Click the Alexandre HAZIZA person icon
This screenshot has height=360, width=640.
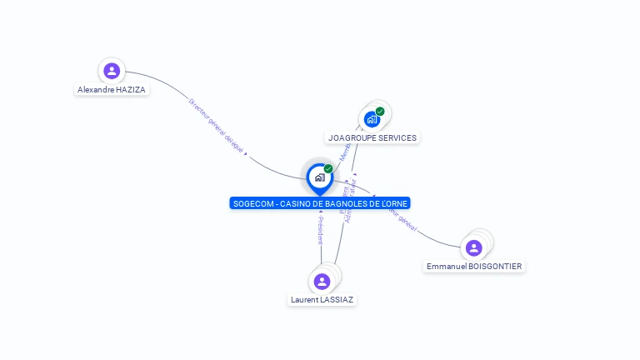coord(112,71)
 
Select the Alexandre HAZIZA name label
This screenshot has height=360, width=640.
coord(112,89)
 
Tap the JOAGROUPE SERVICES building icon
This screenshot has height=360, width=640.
coord(372,119)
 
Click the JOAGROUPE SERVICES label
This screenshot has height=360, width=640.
coord(372,137)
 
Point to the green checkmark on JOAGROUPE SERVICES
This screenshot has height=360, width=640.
coord(380,111)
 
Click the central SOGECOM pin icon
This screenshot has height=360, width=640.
coord(319,177)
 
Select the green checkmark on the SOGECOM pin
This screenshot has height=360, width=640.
coord(328,168)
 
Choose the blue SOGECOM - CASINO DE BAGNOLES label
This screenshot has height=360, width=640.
coord(321,203)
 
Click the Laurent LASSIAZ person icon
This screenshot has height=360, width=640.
coord(322,281)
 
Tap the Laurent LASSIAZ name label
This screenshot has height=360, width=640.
coord(322,299)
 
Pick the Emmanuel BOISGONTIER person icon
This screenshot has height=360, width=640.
coord(474,247)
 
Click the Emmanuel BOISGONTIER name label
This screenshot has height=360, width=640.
coord(474,266)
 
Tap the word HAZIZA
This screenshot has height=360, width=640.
coord(132,89)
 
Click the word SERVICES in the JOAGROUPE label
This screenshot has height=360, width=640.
coord(397,137)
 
